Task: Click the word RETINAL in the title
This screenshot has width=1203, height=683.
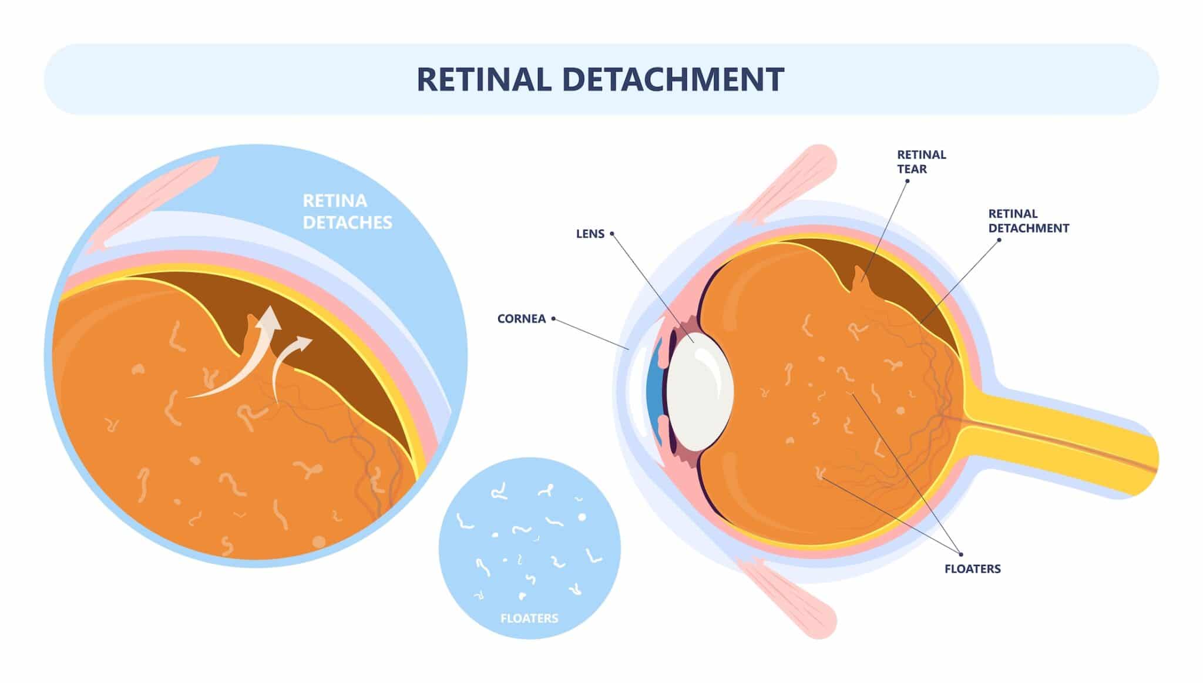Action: [x=483, y=79]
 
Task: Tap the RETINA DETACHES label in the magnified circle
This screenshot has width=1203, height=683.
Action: [x=347, y=211]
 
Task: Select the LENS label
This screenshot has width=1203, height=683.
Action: [x=590, y=234]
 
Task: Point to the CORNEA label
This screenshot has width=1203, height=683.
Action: [x=521, y=319]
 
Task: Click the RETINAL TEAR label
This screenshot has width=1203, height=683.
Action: [x=921, y=162]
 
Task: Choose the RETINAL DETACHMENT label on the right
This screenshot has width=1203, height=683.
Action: [x=1028, y=221]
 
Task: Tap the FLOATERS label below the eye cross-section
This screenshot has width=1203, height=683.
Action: [x=972, y=568]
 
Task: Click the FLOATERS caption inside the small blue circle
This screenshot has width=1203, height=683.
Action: [x=529, y=618]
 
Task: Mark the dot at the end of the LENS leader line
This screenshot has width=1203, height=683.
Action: [x=611, y=234]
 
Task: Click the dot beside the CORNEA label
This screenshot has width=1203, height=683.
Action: [x=553, y=319]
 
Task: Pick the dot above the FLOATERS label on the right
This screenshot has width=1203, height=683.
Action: [x=961, y=554]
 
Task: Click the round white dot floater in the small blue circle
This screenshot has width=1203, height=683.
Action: [x=582, y=517]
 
